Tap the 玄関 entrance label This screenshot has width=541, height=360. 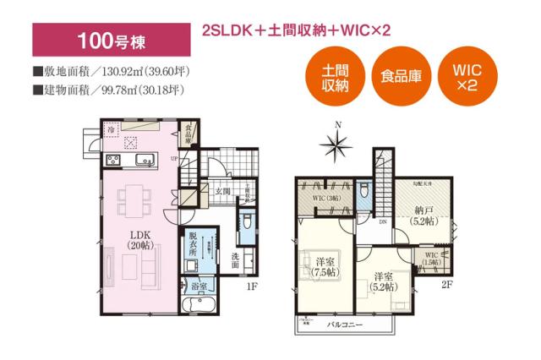coord(222,192)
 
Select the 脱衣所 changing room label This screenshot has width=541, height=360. coord(194,243)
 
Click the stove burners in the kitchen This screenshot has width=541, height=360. coord(112,161)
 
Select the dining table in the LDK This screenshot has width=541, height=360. coord(134,199)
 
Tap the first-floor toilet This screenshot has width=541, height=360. coord(246,222)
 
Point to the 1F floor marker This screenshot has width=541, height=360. coord(251,287)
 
